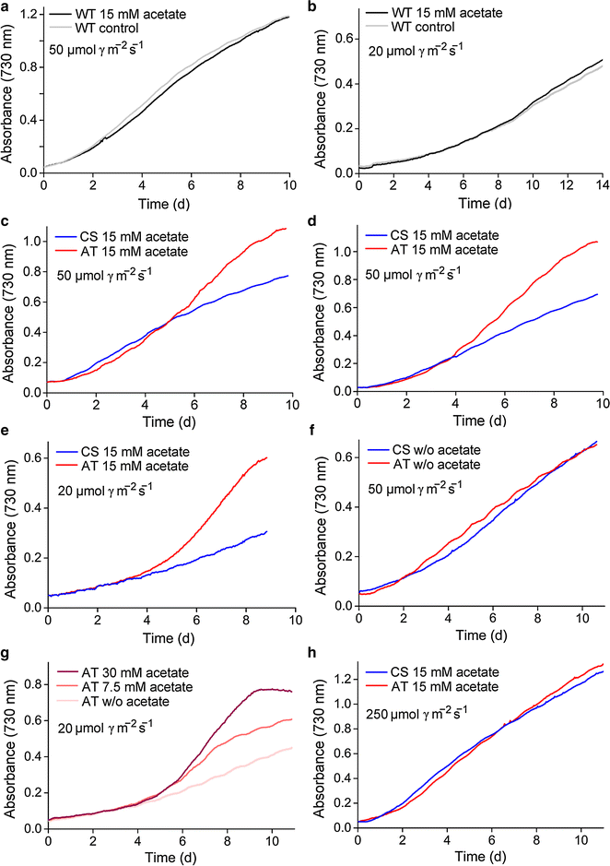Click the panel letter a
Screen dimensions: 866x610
click(6, 7)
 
